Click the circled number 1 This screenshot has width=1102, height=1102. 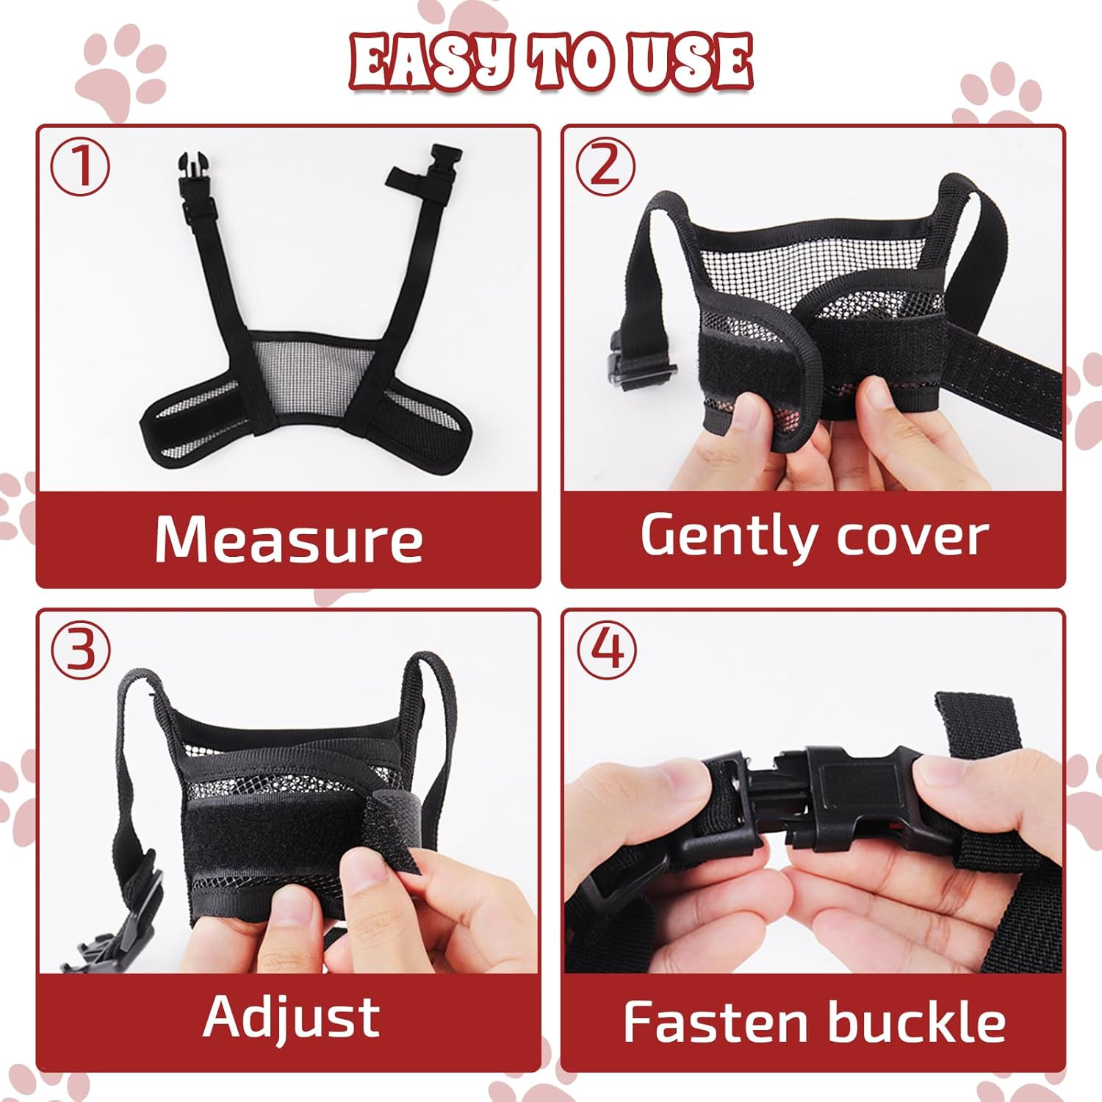[80, 166]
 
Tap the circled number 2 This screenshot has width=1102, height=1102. [605, 166]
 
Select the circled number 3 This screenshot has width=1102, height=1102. [80, 649]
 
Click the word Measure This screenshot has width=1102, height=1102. [289, 540]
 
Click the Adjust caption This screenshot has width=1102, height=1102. [291, 1018]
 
